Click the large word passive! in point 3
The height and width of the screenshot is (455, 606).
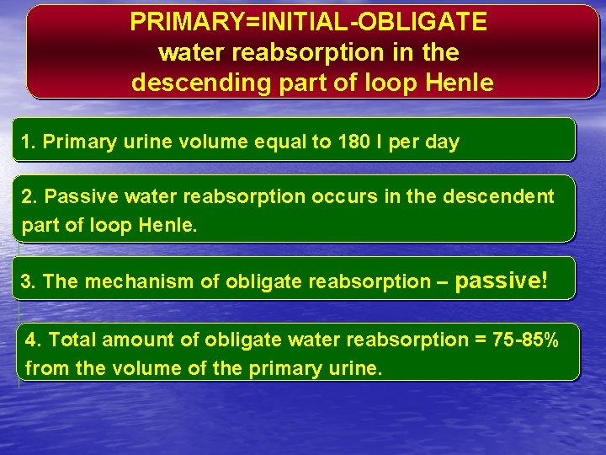coord(501,280)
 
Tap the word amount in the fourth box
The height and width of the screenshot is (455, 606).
coord(134,340)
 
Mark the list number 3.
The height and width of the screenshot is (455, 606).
coord(26,281)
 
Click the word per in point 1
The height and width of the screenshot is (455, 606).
coord(404,142)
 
